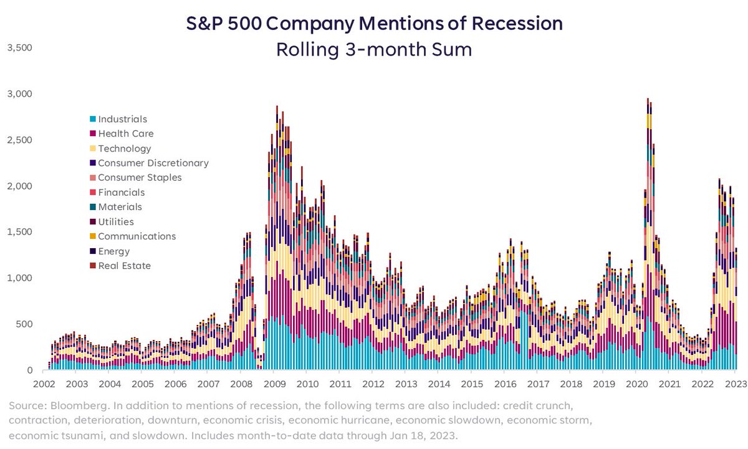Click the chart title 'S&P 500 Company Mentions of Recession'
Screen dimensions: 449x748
(x=374, y=24)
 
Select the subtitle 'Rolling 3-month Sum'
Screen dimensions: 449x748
(x=374, y=49)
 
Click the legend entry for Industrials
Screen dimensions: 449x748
(x=122, y=119)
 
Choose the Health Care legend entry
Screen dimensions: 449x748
(x=125, y=133)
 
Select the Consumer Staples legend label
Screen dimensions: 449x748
(x=140, y=178)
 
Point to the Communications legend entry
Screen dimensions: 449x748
(x=137, y=236)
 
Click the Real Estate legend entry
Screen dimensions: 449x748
(x=124, y=266)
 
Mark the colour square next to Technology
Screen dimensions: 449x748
(x=93, y=148)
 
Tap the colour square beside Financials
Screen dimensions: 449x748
(x=93, y=193)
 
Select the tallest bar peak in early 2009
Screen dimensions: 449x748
(x=277, y=107)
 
